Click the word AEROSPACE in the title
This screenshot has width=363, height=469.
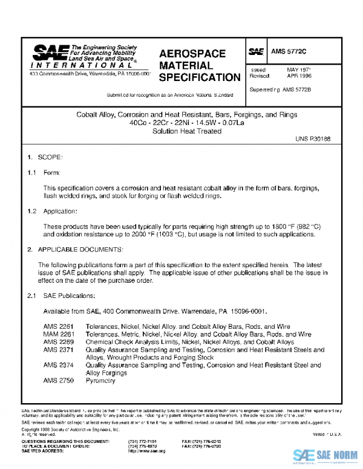click(x=193, y=54)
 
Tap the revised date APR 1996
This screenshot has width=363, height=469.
click(x=300, y=77)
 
